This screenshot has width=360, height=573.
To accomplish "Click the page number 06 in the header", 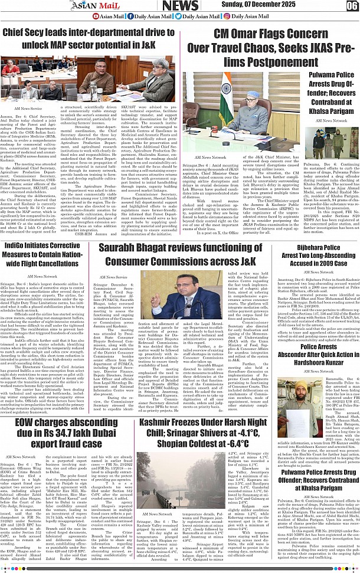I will pos(352,6).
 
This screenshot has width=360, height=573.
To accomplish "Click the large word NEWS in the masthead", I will pos(180,6).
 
